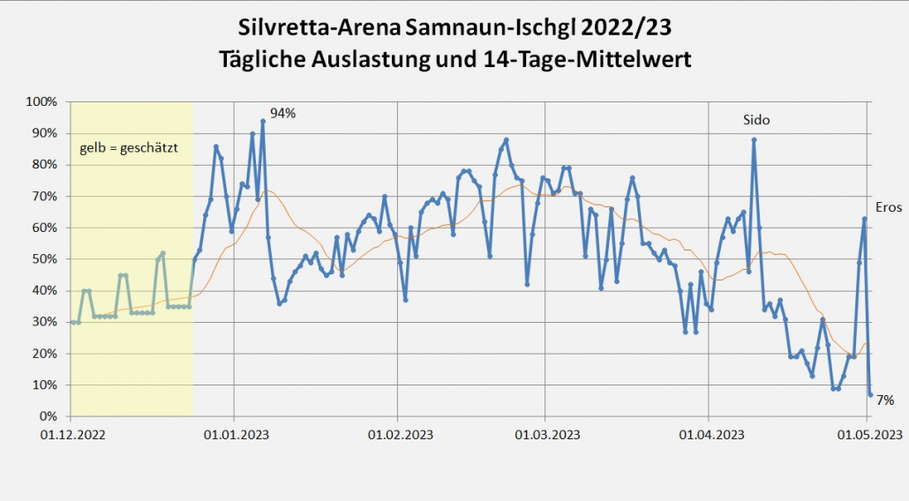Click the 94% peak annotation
pos(282,113)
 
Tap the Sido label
pos(755,119)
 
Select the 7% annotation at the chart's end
pos(884,400)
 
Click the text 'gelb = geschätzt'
pos(129,147)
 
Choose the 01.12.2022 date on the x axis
pos(71,434)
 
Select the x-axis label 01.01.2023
pos(234,434)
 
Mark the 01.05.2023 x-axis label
pos(869,434)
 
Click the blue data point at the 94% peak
pos(263,121)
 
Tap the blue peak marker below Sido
pos(754,139)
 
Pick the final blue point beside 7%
pos(870,394)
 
